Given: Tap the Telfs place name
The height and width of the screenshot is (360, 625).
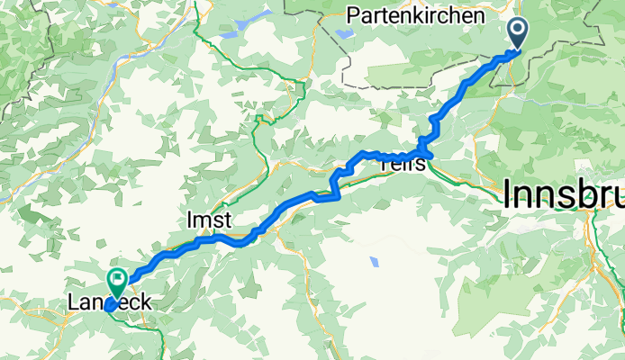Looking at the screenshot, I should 403,164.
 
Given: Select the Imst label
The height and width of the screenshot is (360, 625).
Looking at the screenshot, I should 209,220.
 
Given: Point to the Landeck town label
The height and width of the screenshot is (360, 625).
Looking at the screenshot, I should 109,304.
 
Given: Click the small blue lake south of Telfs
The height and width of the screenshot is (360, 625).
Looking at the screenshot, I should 374,262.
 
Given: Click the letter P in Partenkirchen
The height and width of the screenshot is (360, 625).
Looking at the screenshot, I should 352,15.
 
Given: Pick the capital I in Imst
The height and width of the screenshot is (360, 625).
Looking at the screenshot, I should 189,220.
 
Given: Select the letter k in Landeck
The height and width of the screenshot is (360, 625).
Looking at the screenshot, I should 144,304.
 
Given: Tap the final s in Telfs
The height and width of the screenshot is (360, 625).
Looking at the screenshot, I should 421,165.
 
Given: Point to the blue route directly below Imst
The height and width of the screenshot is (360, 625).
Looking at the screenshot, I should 209,238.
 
